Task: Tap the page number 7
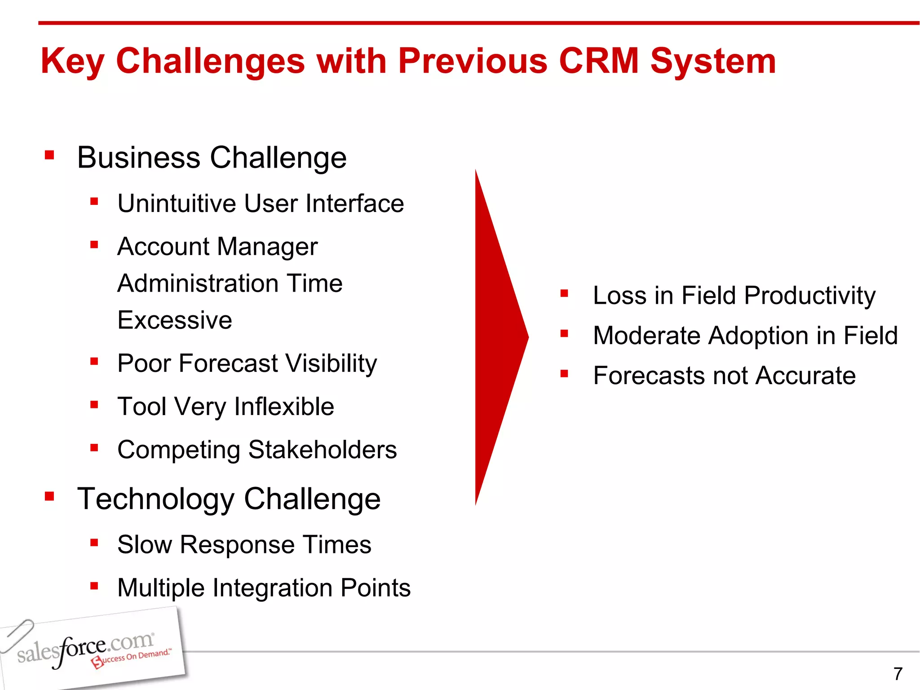click(x=898, y=674)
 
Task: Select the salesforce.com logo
click(x=85, y=649)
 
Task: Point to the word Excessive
click(x=175, y=320)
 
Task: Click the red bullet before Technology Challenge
click(x=49, y=496)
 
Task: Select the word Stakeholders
click(x=322, y=450)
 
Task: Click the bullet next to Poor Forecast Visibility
click(x=94, y=361)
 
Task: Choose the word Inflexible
click(x=284, y=407)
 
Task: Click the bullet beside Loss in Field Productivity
click(x=564, y=294)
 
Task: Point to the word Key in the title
click(x=72, y=62)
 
